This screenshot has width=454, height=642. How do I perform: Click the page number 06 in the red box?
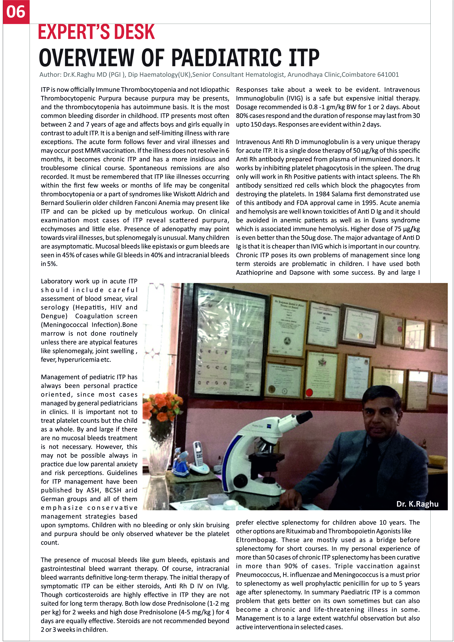click(x=16, y=12)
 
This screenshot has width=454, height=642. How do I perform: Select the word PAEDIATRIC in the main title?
click(x=226, y=58)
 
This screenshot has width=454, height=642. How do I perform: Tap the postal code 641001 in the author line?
click(x=388, y=75)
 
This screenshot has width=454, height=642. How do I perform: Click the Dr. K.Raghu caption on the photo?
click(x=417, y=504)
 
